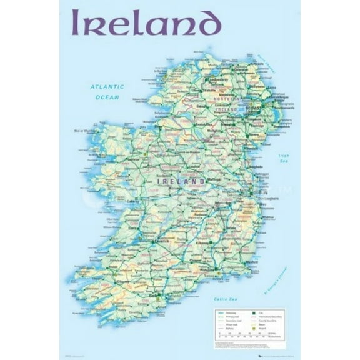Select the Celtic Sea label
tap(223, 299)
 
